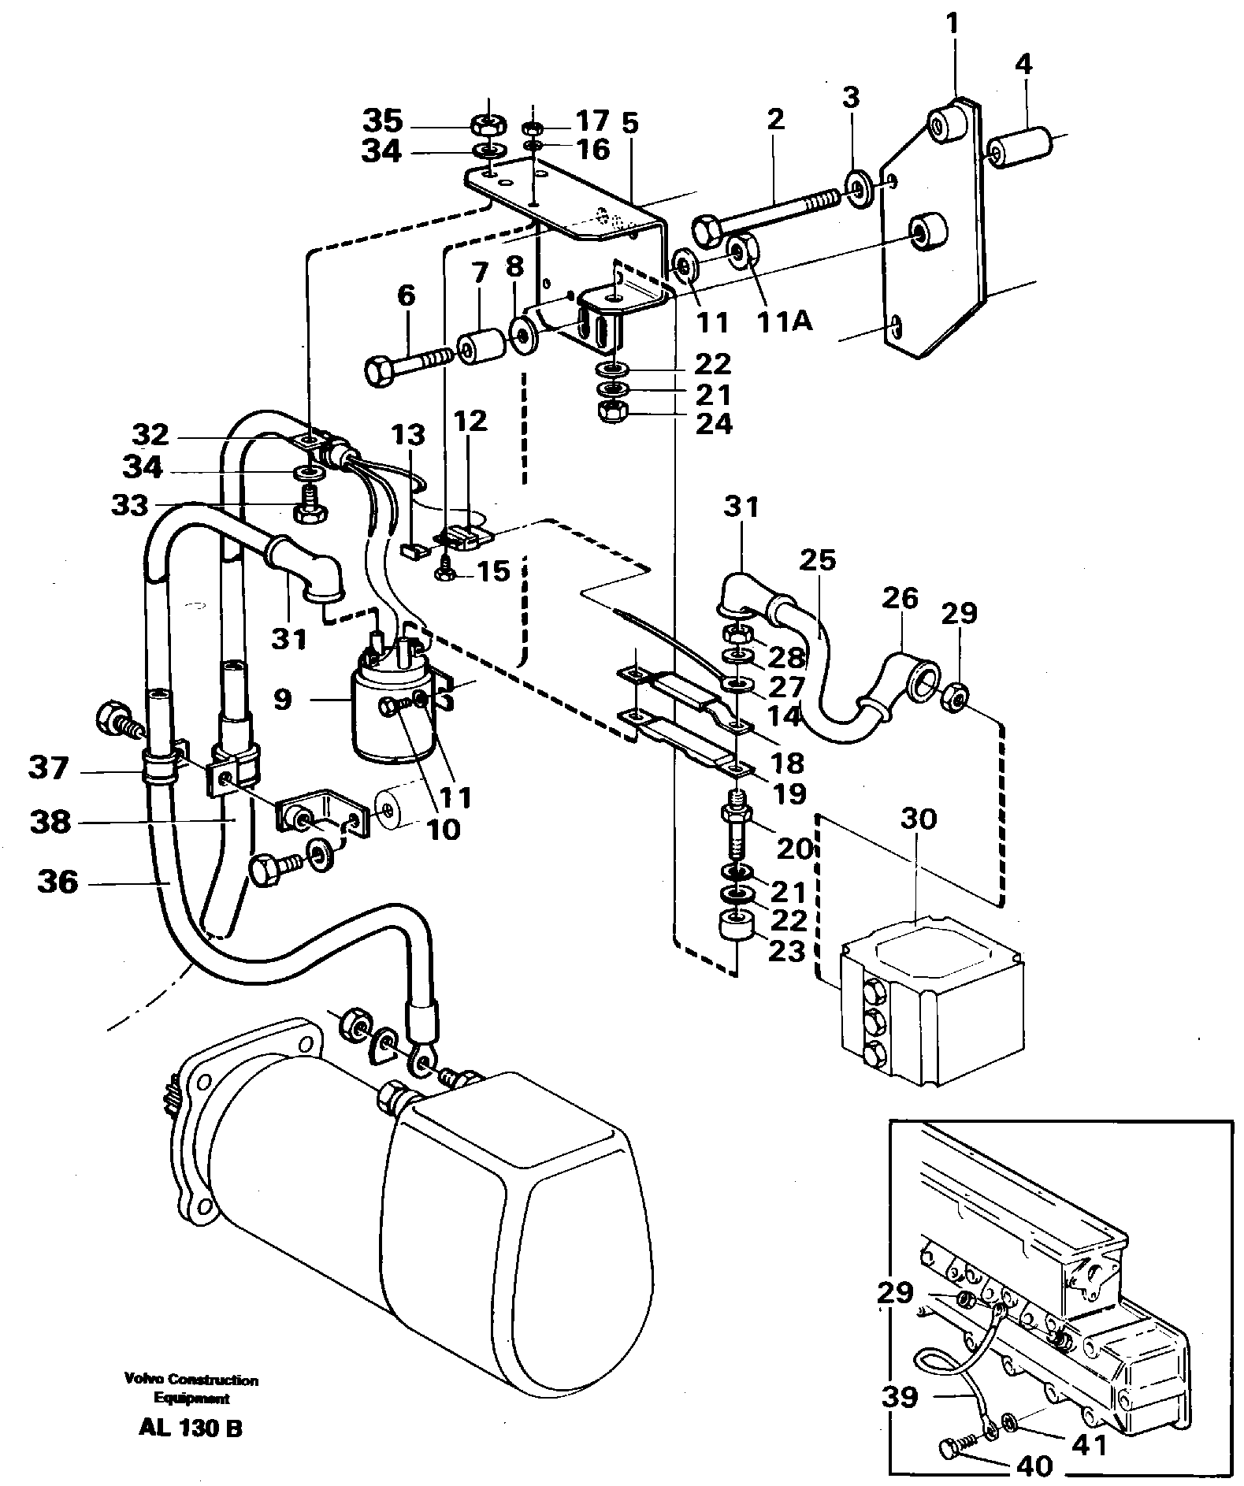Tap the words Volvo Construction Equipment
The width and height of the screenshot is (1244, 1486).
[x=191, y=1390]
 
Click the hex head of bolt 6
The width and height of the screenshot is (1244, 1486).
[x=381, y=370]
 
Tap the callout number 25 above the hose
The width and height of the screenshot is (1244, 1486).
[x=816, y=561]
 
